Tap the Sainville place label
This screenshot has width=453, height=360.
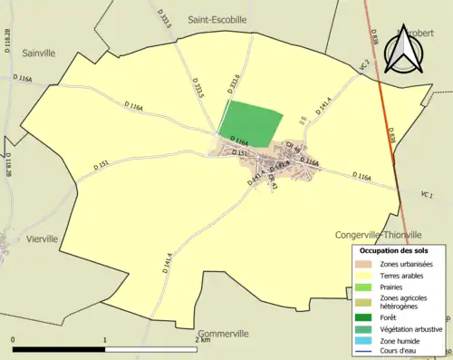(40, 53)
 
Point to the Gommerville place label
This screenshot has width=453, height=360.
(221, 334)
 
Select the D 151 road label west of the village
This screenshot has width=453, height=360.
(101, 165)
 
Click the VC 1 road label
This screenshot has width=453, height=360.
(429, 195)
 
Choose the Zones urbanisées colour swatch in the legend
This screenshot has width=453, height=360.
(364, 264)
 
